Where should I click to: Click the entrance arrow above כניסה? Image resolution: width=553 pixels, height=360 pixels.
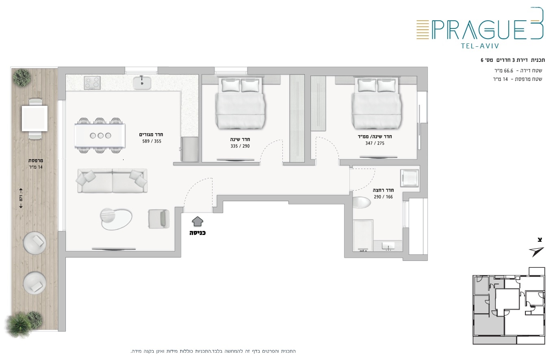(x=197, y=221)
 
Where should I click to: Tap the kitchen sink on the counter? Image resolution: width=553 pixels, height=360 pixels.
(x=142, y=82)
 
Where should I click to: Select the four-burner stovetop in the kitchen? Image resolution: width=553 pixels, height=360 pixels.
(x=92, y=83)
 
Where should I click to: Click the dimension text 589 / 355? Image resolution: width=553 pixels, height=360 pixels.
(x=152, y=141)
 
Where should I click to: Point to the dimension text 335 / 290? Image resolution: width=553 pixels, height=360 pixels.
(x=240, y=146)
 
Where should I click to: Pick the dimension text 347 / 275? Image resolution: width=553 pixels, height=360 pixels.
(x=375, y=143)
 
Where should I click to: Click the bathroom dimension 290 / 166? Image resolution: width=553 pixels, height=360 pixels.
(x=383, y=197)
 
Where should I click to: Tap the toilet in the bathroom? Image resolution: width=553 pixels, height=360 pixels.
(x=362, y=202)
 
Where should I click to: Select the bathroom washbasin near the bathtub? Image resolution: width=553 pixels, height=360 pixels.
(x=388, y=246)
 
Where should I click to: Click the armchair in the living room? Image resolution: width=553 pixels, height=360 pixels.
(x=159, y=219)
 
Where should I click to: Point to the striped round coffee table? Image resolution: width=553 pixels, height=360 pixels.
(x=108, y=215)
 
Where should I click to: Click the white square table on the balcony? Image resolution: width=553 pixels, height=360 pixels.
(x=35, y=119)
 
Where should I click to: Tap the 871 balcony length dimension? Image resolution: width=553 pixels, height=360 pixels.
(x=21, y=198)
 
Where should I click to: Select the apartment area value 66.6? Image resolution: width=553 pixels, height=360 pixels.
(x=508, y=71)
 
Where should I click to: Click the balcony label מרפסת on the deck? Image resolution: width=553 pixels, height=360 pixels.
(x=35, y=161)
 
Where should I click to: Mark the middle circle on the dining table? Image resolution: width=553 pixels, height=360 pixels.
(x=100, y=136)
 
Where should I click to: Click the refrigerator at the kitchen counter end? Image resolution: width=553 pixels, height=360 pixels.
(x=190, y=149)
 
